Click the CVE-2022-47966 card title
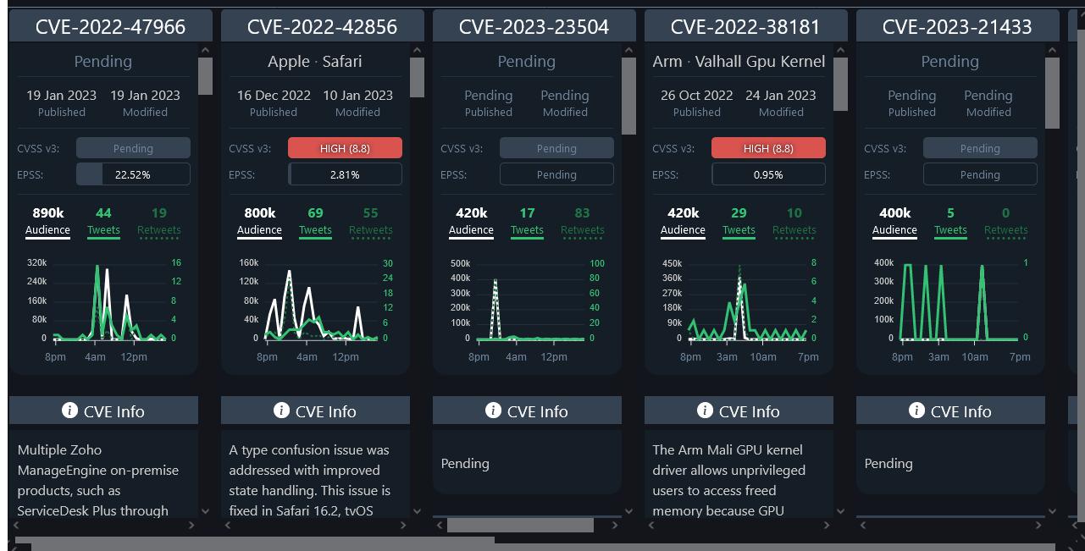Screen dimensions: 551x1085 click(x=110, y=27)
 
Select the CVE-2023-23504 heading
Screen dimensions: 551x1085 click(x=534, y=27)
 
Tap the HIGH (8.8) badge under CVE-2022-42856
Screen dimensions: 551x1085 click(x=345, y=148)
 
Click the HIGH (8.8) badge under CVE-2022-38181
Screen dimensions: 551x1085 click(x=768, y=148)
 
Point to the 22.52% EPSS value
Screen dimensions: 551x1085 click(x=133, y=174)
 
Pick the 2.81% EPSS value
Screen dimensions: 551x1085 click(x=345, y=174)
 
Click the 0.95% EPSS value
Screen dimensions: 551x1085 click(x=768, y=174)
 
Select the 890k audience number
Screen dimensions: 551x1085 click(x=47, y=212)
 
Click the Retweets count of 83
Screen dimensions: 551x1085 click(x=582, y=212)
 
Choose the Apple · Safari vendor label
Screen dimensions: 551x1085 click(x=315, y=61)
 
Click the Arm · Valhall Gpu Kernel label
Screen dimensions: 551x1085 click(x=739, y=61)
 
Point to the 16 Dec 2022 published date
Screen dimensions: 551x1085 click(x=274, y=96)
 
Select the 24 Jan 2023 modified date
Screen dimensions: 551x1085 click(x=781, y=96)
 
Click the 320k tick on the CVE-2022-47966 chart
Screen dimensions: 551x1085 click(x=36, y=263)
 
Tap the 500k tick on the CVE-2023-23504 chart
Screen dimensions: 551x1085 click(x=460, y=263)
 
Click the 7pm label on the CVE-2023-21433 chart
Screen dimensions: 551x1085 click(x=1020, y=357)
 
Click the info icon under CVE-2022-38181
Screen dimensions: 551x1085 click(x=705, y=410)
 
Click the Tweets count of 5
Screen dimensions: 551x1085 click(x=950, y=212)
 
